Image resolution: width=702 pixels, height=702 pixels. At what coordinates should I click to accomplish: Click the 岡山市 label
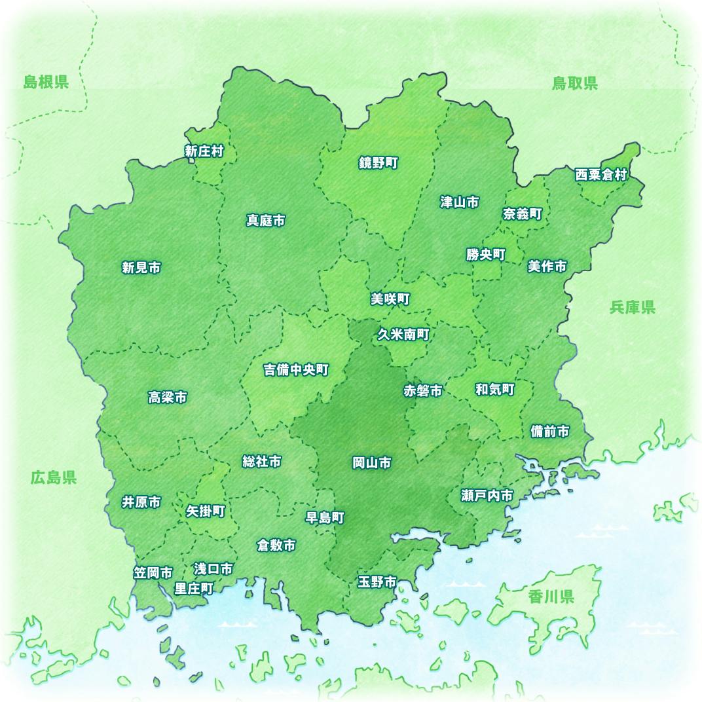point(371,464)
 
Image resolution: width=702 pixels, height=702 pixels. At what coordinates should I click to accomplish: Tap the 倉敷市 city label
point(276,545)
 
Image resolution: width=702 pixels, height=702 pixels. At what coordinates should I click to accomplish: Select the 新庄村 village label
point(204,152)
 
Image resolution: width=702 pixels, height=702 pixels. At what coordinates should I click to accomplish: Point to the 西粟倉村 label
point(601,175)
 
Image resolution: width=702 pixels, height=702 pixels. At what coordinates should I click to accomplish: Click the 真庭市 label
point(265,221)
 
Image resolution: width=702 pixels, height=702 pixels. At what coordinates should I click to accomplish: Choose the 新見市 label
point(141,267)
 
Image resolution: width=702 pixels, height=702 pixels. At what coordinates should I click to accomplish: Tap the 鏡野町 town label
point(378,163)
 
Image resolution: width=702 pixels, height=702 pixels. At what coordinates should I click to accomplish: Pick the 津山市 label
point(459,202)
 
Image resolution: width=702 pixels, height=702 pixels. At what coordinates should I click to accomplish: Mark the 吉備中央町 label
point(295,370)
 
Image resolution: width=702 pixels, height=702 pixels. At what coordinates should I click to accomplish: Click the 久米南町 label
point(403,335)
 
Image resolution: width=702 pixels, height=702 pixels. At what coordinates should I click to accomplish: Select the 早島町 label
point(325,517)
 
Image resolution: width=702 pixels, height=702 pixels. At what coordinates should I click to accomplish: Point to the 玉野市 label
point(377,582)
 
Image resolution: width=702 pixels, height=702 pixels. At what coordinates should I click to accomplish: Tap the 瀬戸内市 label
point(487,496)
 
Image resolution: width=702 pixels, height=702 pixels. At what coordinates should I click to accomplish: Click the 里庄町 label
point(194,588)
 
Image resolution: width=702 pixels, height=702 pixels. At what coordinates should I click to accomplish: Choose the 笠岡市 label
point(153,573)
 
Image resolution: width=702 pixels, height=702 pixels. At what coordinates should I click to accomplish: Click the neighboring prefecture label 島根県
point(46,82)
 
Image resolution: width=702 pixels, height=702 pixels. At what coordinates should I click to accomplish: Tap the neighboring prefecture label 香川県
point(551,597)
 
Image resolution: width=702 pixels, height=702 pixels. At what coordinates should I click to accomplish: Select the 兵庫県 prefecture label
point(632,307)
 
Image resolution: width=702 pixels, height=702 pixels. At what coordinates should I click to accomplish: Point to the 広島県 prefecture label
point(54,477)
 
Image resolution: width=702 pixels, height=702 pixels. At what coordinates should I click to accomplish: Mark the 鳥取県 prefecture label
point(574,83)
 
